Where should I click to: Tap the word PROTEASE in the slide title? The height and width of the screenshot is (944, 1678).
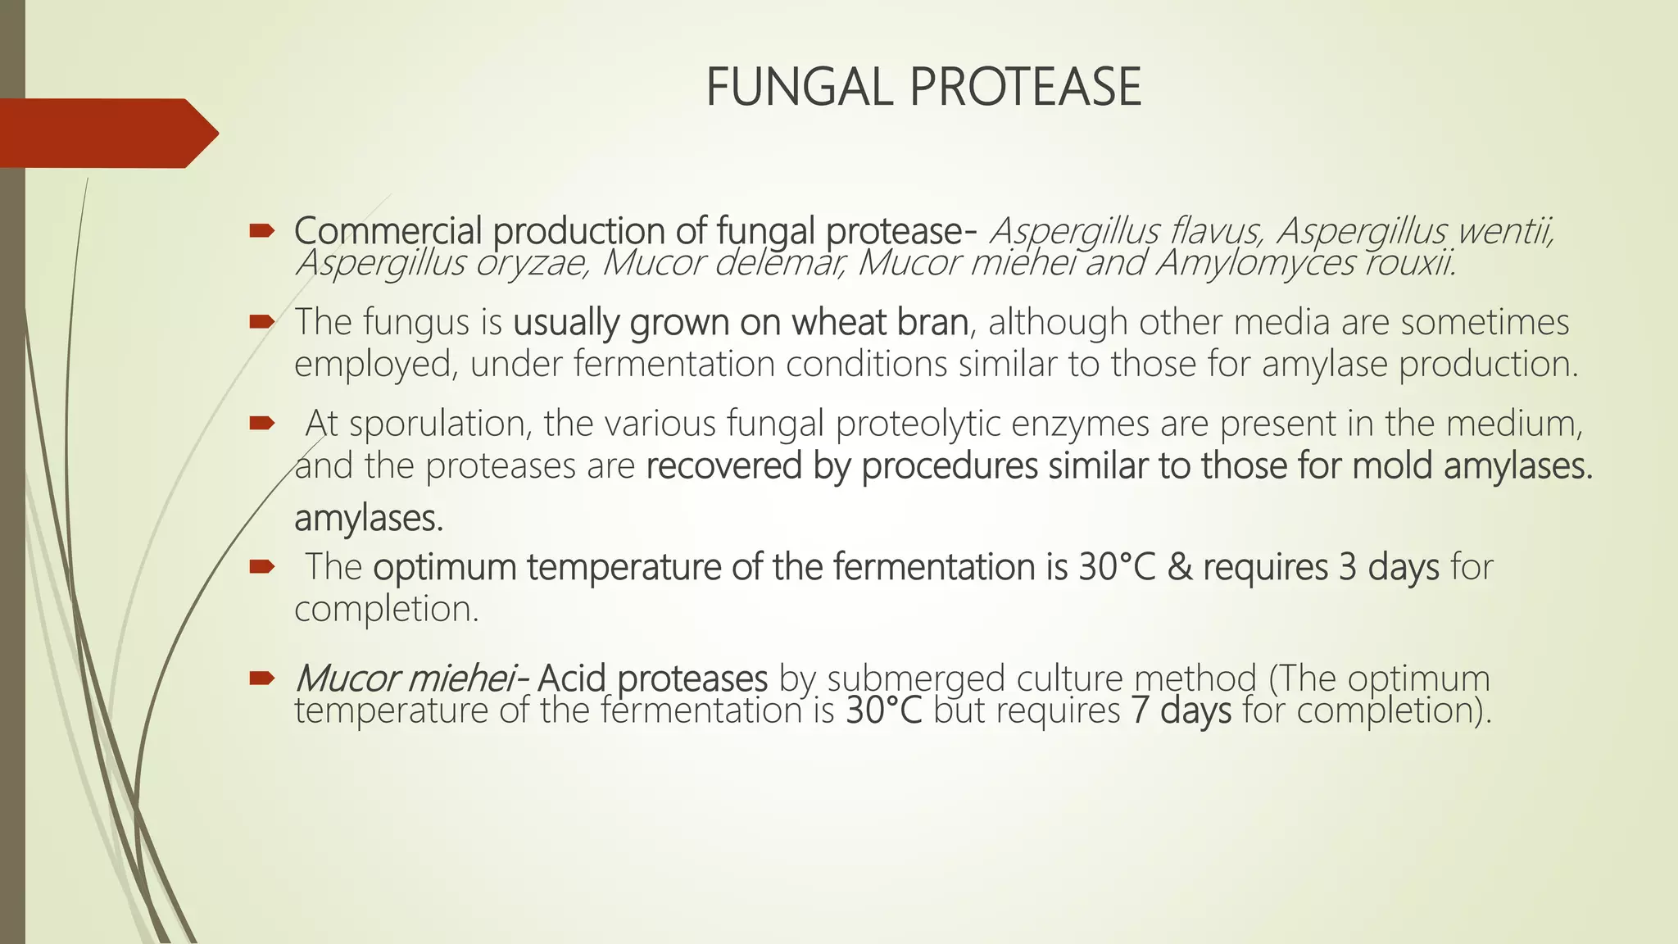[1025, 88]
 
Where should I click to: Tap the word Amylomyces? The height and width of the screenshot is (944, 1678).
[1254, 264]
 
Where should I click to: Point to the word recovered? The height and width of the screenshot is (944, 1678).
[724, 466]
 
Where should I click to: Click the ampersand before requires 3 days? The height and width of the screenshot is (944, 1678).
[1179, 567]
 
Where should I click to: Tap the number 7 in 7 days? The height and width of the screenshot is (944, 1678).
[1141, 710]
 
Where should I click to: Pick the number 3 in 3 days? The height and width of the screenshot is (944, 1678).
[1348, 567]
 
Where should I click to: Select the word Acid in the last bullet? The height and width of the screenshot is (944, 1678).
[571, 678]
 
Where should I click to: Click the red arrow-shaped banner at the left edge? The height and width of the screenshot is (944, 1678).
[107, 134]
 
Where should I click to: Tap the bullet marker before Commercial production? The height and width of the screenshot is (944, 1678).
[261, 233]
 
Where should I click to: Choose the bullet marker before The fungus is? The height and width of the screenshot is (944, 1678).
[261, 323]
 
